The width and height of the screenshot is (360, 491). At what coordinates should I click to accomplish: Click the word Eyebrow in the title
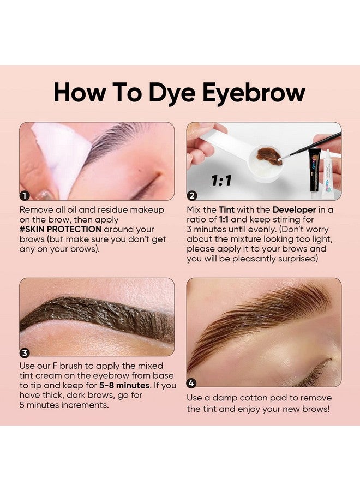pyautogui.click(x=254, y=93)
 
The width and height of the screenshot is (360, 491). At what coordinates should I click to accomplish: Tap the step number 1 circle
pyautogui.click(x=25, y=195)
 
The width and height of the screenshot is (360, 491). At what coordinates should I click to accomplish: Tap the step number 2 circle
pyautogui.click(x=192, y=195)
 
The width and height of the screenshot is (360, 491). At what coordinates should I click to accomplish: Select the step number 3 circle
pyautogui.click(x=25, y=352)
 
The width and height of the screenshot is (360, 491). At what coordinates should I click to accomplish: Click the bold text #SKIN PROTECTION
pyautogui.click(x=60, y=229)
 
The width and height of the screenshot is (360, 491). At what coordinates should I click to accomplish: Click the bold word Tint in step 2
pyautogui.click(x=228, y=209)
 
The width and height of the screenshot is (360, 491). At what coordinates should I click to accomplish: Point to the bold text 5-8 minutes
pyautogui.click(x=129, y=385)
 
